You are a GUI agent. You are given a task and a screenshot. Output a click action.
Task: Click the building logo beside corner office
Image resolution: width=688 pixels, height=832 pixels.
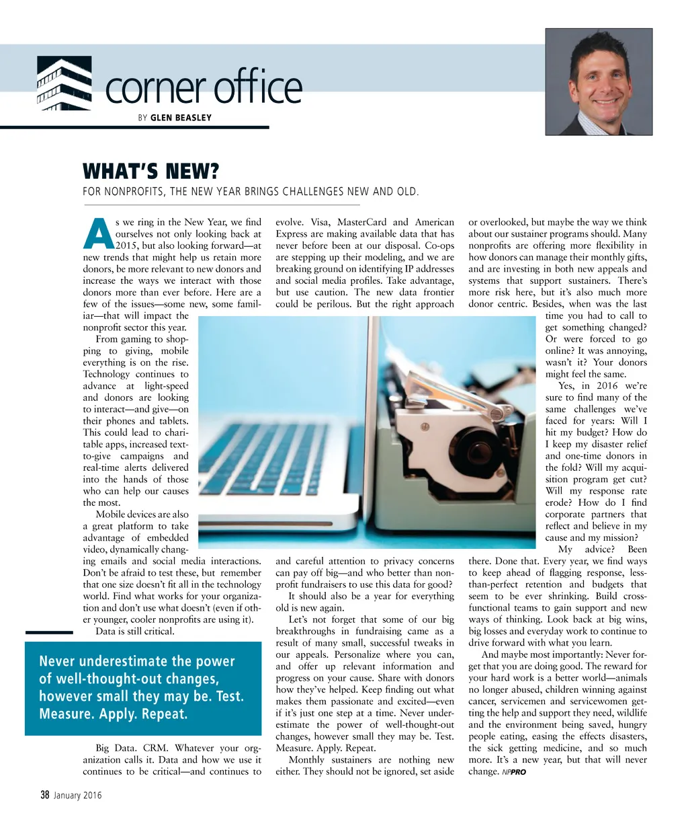click(64, 83)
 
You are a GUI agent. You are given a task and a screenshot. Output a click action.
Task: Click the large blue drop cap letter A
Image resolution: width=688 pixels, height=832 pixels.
click(97, 233)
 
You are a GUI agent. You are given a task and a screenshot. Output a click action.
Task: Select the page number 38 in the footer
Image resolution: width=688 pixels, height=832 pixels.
click(45, 795)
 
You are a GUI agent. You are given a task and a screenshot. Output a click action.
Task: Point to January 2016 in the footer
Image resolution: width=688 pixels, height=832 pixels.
click(78, 796)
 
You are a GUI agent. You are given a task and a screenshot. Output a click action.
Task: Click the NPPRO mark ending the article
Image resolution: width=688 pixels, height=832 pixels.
click(514, 772)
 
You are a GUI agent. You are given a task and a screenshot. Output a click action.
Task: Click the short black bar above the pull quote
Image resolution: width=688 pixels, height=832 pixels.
click(48, 632)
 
